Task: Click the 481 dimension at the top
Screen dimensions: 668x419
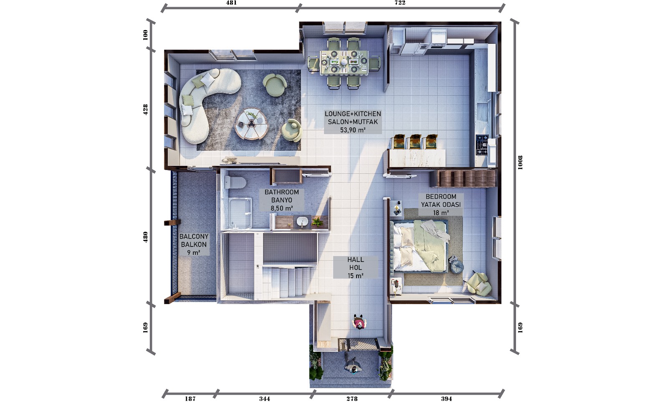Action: coord(231,3)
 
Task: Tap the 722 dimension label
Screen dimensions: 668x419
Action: coord(400,3)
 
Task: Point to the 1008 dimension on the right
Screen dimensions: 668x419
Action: coord(520,163)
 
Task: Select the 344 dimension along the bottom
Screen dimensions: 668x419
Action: coord(265,399)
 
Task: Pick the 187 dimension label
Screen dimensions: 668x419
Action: coord(190,399)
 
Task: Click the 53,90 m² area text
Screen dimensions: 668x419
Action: coord(353,130)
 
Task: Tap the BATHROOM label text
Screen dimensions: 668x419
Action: coord(282,192)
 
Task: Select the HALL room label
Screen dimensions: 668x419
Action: coord(355,260)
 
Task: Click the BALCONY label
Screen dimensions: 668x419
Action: coord(194,236)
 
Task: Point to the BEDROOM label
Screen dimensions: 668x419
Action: coord(441,197)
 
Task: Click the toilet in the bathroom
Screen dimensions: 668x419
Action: coord(235,182)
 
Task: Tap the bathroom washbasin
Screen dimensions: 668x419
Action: coord(302,222)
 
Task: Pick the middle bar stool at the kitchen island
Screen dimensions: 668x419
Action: coord(415,142)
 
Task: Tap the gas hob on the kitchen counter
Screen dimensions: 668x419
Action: coord(482,145)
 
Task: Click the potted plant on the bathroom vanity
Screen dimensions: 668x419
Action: coord(317,222)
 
